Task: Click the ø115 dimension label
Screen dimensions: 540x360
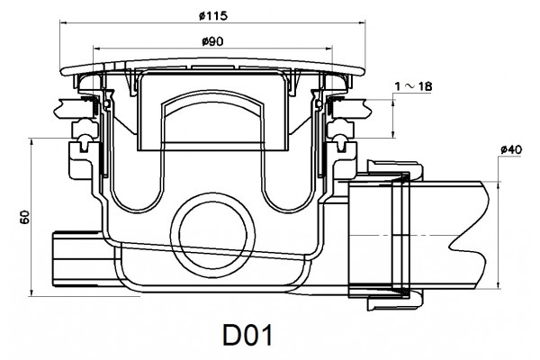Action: (213, 15)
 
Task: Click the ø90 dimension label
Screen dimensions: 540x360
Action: (212, 41)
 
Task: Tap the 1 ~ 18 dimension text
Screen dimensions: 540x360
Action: (413, 86)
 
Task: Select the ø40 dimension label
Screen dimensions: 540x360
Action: (511, 150)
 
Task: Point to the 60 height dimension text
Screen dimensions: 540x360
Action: (25, 217)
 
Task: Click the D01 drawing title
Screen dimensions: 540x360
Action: (247, 335)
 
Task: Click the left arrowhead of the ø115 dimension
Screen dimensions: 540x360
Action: (63, 23)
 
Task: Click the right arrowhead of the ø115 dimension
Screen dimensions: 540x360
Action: (362, 23)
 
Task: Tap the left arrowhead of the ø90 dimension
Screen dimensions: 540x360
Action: (97, 49)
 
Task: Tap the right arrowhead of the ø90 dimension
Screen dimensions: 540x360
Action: (328, 49)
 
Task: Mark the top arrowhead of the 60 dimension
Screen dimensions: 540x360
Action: (31, 141)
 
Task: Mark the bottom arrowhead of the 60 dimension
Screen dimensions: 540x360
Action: (31, 292)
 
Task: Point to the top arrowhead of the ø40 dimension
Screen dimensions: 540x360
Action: (499, 185)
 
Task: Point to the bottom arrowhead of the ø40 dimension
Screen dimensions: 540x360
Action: (499, 285)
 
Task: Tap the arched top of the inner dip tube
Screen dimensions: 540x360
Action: (213, 94)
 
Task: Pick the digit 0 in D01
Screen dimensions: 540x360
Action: (247, 335)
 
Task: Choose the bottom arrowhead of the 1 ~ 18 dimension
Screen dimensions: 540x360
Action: (393, 135)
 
